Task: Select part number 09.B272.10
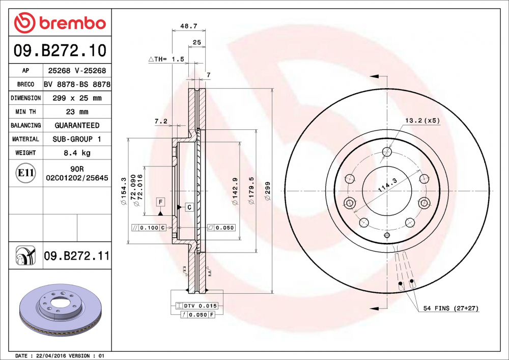click(60, 50)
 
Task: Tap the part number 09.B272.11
click(76, 256)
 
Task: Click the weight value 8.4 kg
click(78, 153)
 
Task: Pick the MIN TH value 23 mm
click(78, 112)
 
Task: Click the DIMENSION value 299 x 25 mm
click(78, 98)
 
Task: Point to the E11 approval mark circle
click(25, 173)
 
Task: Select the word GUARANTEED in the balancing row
click(78, 125)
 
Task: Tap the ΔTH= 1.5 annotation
click(166, 60)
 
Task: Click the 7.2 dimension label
click(161, 121)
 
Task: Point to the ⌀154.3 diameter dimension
click(123, 191)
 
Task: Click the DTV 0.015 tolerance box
click(196, 306)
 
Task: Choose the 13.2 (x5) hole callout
click(421, 121)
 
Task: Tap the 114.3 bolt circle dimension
click(387, 184)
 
